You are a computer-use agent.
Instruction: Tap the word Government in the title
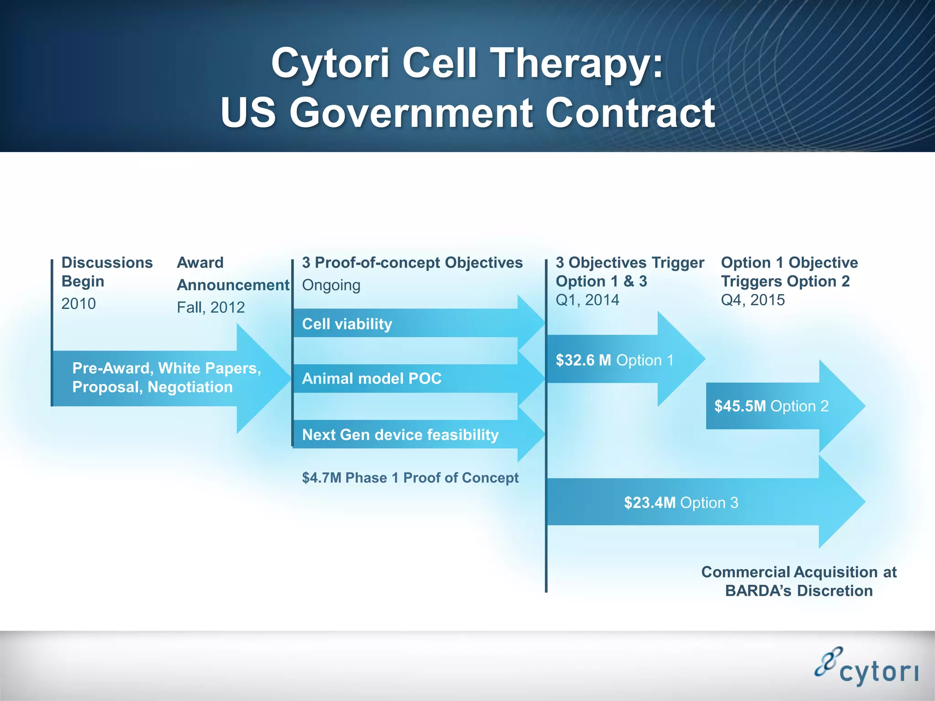(411, 113)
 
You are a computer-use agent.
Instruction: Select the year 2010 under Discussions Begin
(79, 303)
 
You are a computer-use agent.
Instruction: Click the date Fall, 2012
(210, 308)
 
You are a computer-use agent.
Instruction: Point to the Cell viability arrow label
(347, 324)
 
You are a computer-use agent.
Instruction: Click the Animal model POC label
(372, 379)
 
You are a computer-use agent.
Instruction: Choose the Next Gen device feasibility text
(400, 435)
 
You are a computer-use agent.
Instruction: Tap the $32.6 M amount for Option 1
(583, 361)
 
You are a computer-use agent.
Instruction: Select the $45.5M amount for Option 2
(740, 406)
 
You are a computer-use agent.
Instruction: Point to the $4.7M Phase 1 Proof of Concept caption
(410, 478)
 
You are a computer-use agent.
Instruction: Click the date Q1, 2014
(587, 300)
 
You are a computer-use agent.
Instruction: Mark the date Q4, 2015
(752, 300)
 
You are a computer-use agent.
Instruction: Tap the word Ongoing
(331, 285)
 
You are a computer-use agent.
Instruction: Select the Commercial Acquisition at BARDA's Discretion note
(798, 581)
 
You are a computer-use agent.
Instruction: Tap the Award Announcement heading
(233, 274)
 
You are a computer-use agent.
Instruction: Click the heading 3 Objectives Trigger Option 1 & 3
(630, 272)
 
